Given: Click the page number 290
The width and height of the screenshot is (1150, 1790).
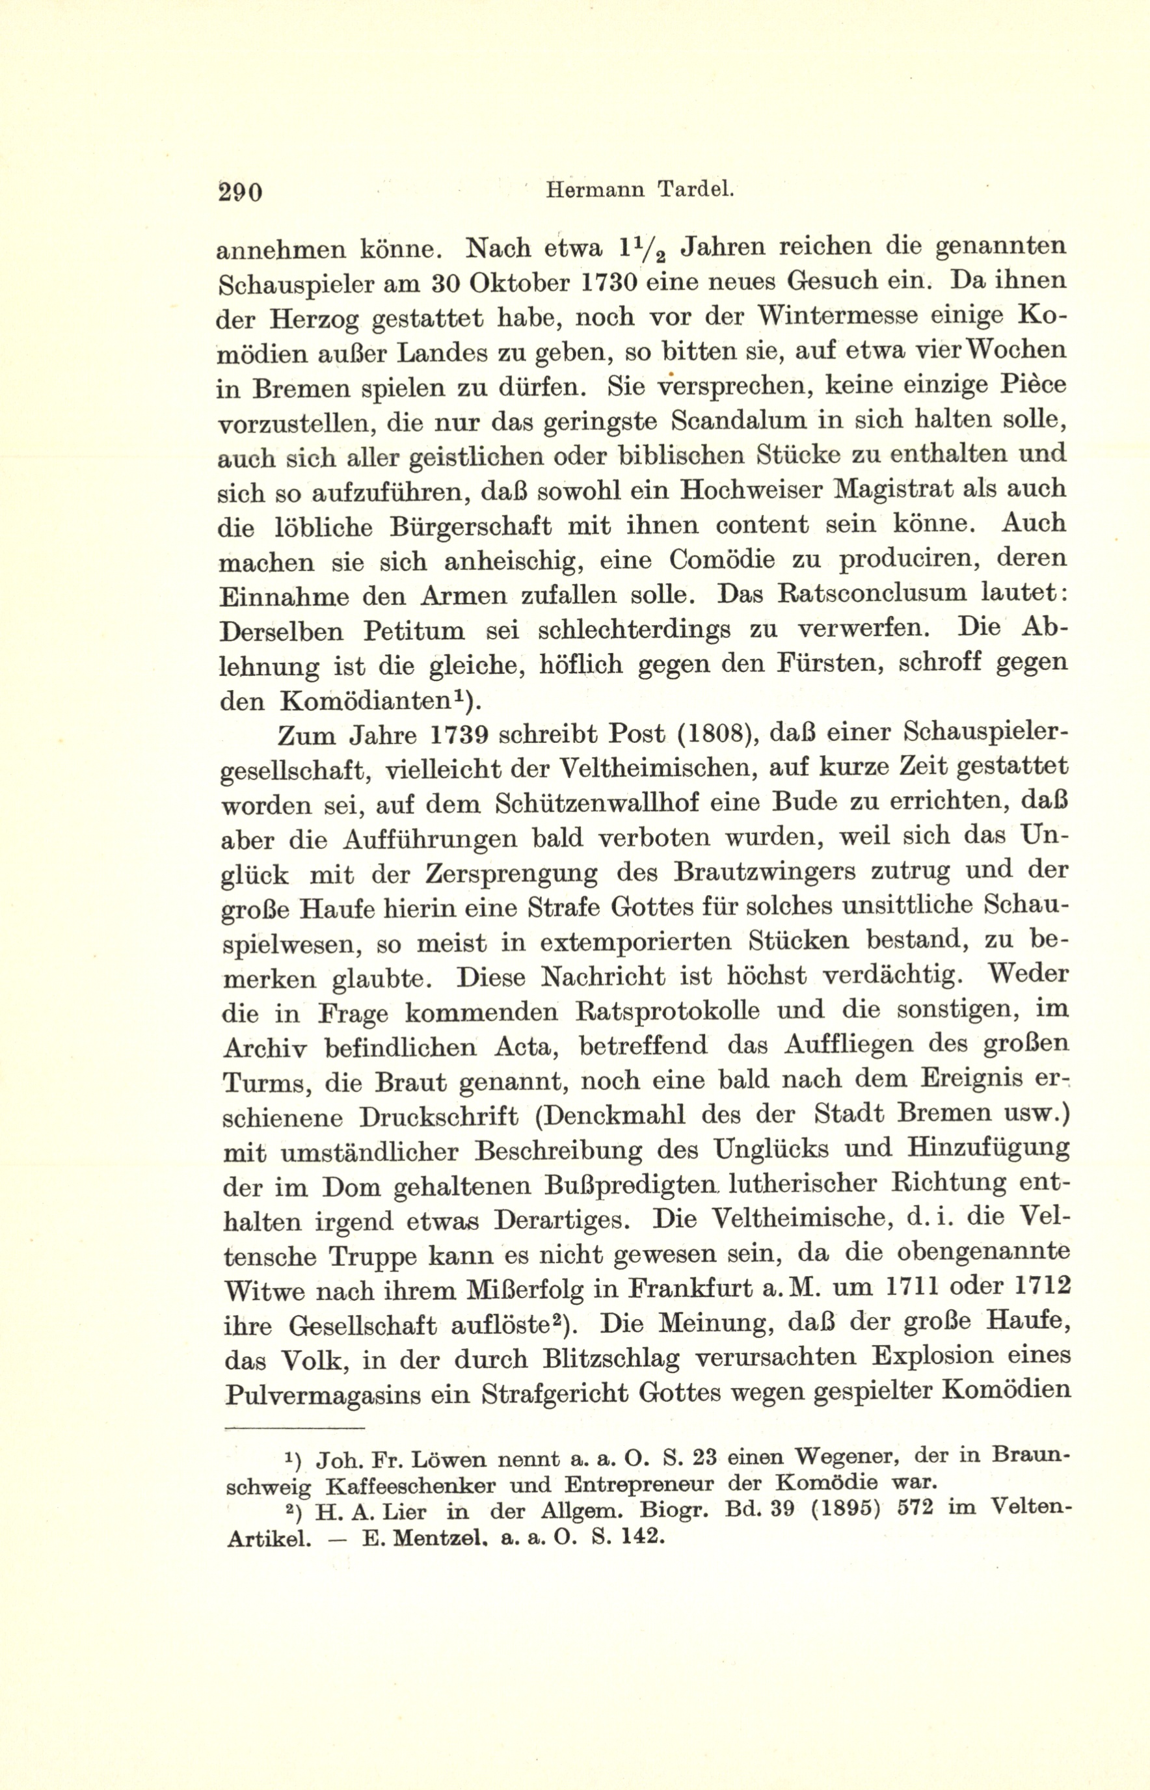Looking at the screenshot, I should (x=240, y=192).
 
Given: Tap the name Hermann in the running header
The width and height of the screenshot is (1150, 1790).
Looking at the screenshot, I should (x=595, y=191).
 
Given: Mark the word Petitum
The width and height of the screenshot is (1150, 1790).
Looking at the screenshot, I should (x=414, y=631).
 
